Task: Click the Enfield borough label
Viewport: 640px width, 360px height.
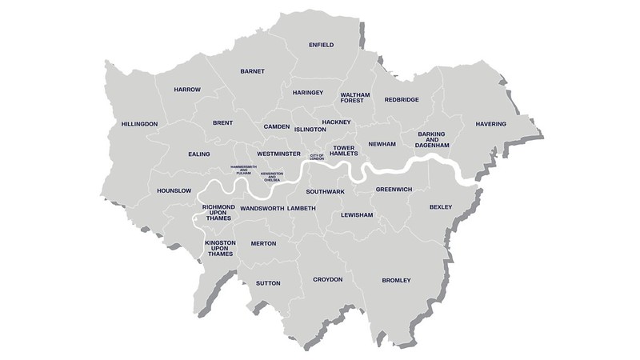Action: [x=321, y=45]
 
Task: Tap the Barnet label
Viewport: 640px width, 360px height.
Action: [x=252, y=71]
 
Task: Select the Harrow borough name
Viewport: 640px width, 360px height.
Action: [x=187, y=89]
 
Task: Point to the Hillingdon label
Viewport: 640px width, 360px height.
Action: [x=139, y=124]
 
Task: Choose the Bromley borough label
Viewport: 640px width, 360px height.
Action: [x=396, y=280]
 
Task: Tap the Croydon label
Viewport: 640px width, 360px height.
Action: [x=327, y=279]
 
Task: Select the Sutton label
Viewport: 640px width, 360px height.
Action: [x=268, y=283]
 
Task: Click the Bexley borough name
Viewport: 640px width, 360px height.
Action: [x=441, y=207]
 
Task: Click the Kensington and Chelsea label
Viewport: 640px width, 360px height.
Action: [x=274, y=175]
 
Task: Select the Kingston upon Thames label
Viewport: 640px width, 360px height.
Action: [x=219, y=247]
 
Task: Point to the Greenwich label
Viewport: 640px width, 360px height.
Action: [x=394, y=190]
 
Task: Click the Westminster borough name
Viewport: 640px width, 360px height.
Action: [x=279, y=153]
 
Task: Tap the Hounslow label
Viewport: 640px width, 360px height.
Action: [x=174, y=190]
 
